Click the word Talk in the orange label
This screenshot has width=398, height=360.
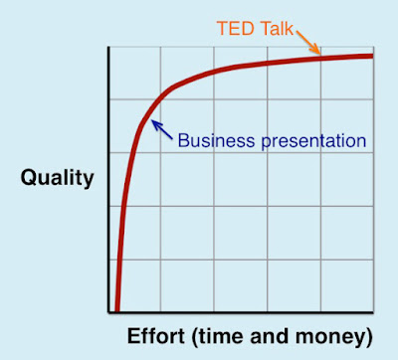tap(277, 28)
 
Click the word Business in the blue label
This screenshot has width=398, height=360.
tap(216, 140)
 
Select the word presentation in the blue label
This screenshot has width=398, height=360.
tap(313, 142)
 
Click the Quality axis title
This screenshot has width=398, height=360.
tap(58, 179)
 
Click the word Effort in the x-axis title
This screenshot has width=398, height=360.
tap(156, 336)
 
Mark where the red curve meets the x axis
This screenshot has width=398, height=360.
tap(116, 311)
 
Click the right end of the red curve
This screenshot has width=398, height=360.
tap(373, 56)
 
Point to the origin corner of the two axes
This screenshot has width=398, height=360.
tap(108, 312)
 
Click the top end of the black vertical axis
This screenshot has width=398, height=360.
tap(108, 47)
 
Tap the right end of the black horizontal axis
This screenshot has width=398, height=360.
tap(373, 312)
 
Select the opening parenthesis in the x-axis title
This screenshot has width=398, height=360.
tap(195, 337)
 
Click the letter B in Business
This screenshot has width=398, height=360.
tap(184, 140)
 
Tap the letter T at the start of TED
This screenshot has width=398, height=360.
tap(223, 29)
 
